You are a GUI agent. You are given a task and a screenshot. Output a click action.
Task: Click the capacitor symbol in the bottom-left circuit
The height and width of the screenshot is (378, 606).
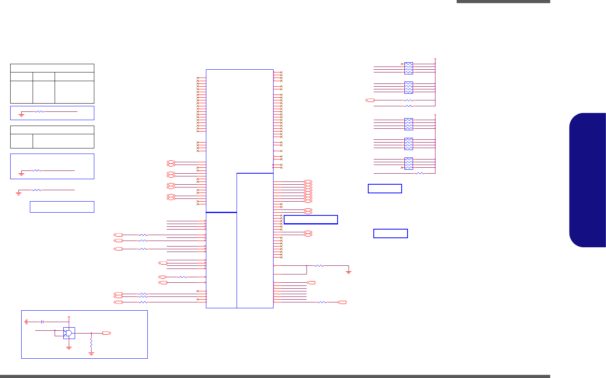[42, 322]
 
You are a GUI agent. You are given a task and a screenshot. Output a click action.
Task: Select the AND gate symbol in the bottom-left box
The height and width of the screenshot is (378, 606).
[69, 333]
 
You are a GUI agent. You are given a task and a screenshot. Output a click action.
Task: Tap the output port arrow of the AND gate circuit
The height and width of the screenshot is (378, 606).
[107, 333]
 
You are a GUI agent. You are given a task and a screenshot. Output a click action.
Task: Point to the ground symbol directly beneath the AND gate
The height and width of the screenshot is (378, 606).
[69, 348]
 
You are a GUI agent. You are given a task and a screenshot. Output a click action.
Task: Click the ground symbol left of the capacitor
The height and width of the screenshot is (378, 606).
[26, 322]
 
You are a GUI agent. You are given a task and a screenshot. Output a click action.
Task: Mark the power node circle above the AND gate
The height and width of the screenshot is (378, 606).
[69, 317]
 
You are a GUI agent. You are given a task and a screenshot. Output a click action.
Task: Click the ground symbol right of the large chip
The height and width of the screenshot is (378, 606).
[348, 272]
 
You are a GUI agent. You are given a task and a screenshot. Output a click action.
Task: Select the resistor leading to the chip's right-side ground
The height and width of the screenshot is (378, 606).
[320, 266]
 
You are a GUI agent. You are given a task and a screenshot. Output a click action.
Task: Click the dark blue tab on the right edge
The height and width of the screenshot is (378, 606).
[588, 180]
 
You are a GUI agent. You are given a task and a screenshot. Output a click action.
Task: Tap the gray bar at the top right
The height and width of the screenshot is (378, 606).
[503, 2]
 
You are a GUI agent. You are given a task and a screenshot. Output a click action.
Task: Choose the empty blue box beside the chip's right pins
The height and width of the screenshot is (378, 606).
[310, 220]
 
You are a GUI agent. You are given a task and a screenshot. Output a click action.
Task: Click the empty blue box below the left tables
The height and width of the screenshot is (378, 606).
[62, 207]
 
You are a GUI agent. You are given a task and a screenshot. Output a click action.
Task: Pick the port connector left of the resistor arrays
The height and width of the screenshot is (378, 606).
[370, 100]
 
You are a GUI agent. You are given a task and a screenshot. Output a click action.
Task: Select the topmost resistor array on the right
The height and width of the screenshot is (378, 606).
[409, 68]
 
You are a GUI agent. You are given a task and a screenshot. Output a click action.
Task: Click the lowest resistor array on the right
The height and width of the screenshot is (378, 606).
[409, 163]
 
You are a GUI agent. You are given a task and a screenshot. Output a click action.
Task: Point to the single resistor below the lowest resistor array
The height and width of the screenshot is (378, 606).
[420, 173]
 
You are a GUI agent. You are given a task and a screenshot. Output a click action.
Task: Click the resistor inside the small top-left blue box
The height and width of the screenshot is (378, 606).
[39, 112]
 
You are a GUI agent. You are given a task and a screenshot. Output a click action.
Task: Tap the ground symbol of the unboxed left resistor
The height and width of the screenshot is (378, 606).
[18, 193]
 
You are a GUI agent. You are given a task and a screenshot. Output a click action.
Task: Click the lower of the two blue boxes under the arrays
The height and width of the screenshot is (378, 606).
[390, 233]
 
